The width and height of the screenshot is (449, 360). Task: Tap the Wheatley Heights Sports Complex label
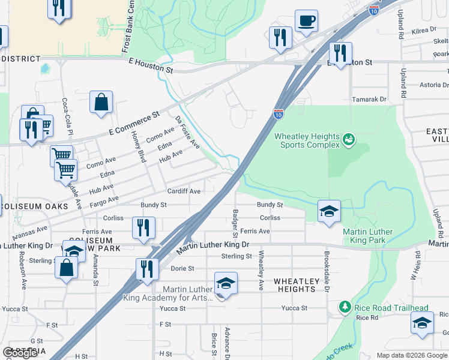pos(307,140)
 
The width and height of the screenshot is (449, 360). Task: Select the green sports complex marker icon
pos(348,140)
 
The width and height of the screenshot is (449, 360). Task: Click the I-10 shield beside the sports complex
pos(279,113)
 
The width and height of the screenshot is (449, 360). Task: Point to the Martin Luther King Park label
pos(367,236)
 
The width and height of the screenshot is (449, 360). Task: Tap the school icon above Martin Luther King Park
pos(329,212)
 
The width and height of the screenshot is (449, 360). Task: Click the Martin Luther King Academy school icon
pos(226,284)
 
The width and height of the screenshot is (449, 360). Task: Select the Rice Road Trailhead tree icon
pos(345,308)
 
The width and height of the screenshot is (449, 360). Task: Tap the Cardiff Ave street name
pos(184,191)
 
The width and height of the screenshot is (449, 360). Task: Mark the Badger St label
pos(235,218)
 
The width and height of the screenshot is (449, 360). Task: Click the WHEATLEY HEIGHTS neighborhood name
pos(294,285)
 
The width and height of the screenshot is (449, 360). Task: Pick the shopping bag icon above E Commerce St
pos(101,103)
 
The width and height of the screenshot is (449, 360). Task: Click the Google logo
pos(20,353)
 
